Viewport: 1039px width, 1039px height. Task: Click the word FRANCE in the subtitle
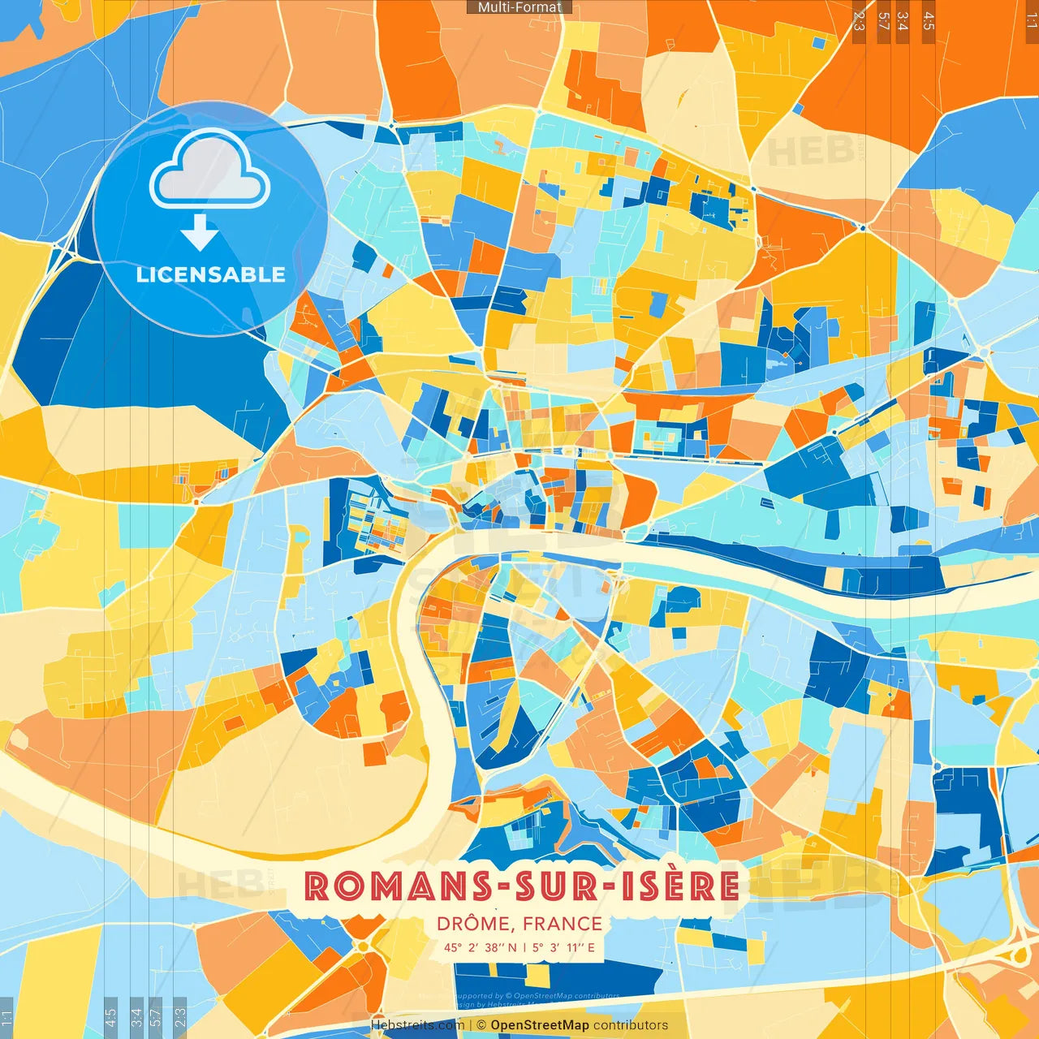click(x=563, y=924)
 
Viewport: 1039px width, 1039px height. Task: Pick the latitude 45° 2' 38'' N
click(x=480, y=947)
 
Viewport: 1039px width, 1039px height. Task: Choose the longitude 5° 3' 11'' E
click(x=564, y=947)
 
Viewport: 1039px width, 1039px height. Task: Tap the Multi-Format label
click(x=519, y=7)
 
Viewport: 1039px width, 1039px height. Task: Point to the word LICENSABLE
click(x=210, y=274)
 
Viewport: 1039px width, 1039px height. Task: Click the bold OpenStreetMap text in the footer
click(x=540, y=1025)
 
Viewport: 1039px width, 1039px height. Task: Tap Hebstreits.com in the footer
click(x=418, y=1025)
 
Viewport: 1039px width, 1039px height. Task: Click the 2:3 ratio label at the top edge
click(x=859, y=21)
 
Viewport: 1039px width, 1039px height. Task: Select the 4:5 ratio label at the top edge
click(x=929, y=21)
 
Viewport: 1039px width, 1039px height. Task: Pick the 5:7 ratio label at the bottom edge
click(x=157, y=1017)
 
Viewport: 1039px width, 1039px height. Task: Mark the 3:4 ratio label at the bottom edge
click(x=136, y=1017)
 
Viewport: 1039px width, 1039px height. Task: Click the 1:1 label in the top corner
click(x=1031, y=21)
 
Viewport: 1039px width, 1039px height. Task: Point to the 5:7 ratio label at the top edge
click(x=883, y=21)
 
